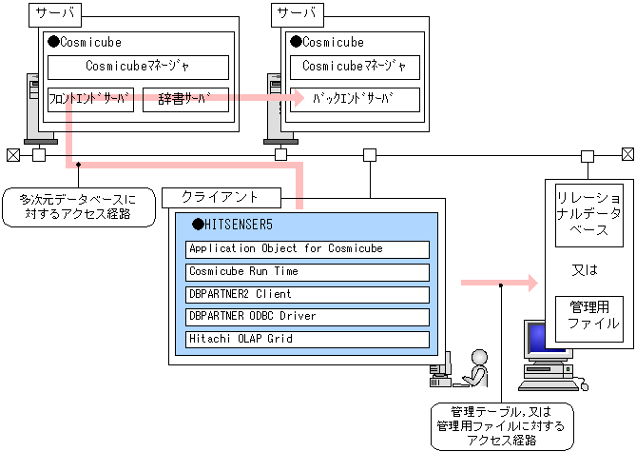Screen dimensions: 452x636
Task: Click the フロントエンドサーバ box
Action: tap(90, 100)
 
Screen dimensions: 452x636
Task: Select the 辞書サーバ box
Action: tap(186, 100)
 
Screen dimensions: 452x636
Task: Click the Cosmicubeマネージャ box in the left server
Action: tap(138, 67)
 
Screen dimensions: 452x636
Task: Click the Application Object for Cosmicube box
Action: tap(307, 249)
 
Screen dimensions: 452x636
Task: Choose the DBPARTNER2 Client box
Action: tap(307, 294)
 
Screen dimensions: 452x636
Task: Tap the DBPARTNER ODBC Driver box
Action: tap(307, 316)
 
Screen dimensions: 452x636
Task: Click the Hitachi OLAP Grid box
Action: tap(307, 339)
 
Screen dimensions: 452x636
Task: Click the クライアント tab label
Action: tap(222, 198)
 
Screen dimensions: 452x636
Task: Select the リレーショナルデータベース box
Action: tap(588, 215)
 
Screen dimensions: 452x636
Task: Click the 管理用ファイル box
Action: tap(588, 315)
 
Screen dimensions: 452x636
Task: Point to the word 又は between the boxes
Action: tap(588, 269)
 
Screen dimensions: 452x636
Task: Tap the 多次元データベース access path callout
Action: tap(78, 207)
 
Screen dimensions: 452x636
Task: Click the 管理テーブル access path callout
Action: tap(501, 425)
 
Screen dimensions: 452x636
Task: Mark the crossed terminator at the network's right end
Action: tap(627, 155)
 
